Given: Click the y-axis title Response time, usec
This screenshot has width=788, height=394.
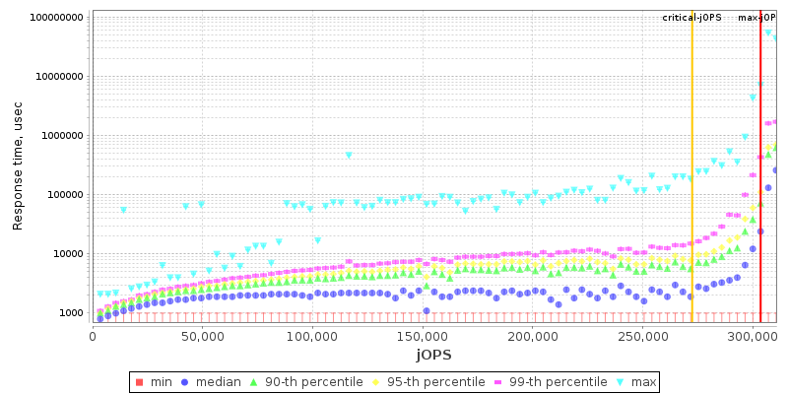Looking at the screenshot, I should (18, 166).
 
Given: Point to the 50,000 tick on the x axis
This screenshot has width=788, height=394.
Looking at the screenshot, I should (202, 337).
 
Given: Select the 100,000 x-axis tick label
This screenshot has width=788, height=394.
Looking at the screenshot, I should (312, 337).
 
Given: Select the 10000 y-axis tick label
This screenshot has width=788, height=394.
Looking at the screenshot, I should (65, 254).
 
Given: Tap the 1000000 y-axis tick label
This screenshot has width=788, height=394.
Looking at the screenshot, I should (59, 136).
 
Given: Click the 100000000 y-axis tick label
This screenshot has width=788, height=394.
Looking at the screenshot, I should (55, 18).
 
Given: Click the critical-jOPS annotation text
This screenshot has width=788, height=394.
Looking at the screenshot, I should (691, 18).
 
